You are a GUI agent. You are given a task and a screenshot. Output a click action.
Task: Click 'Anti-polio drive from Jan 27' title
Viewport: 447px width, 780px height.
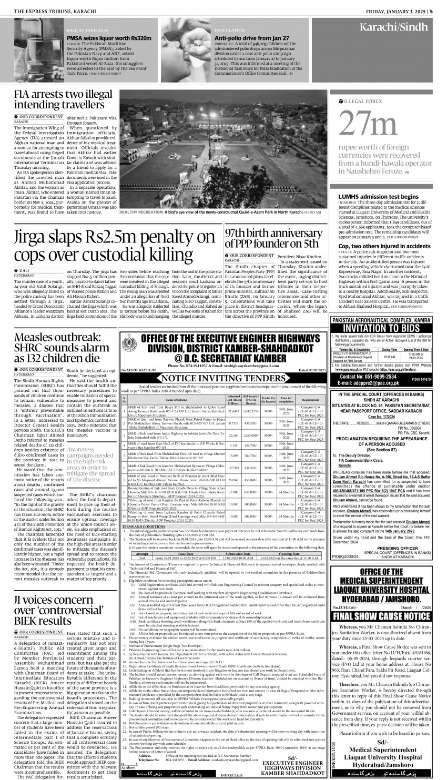[252, 38]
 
